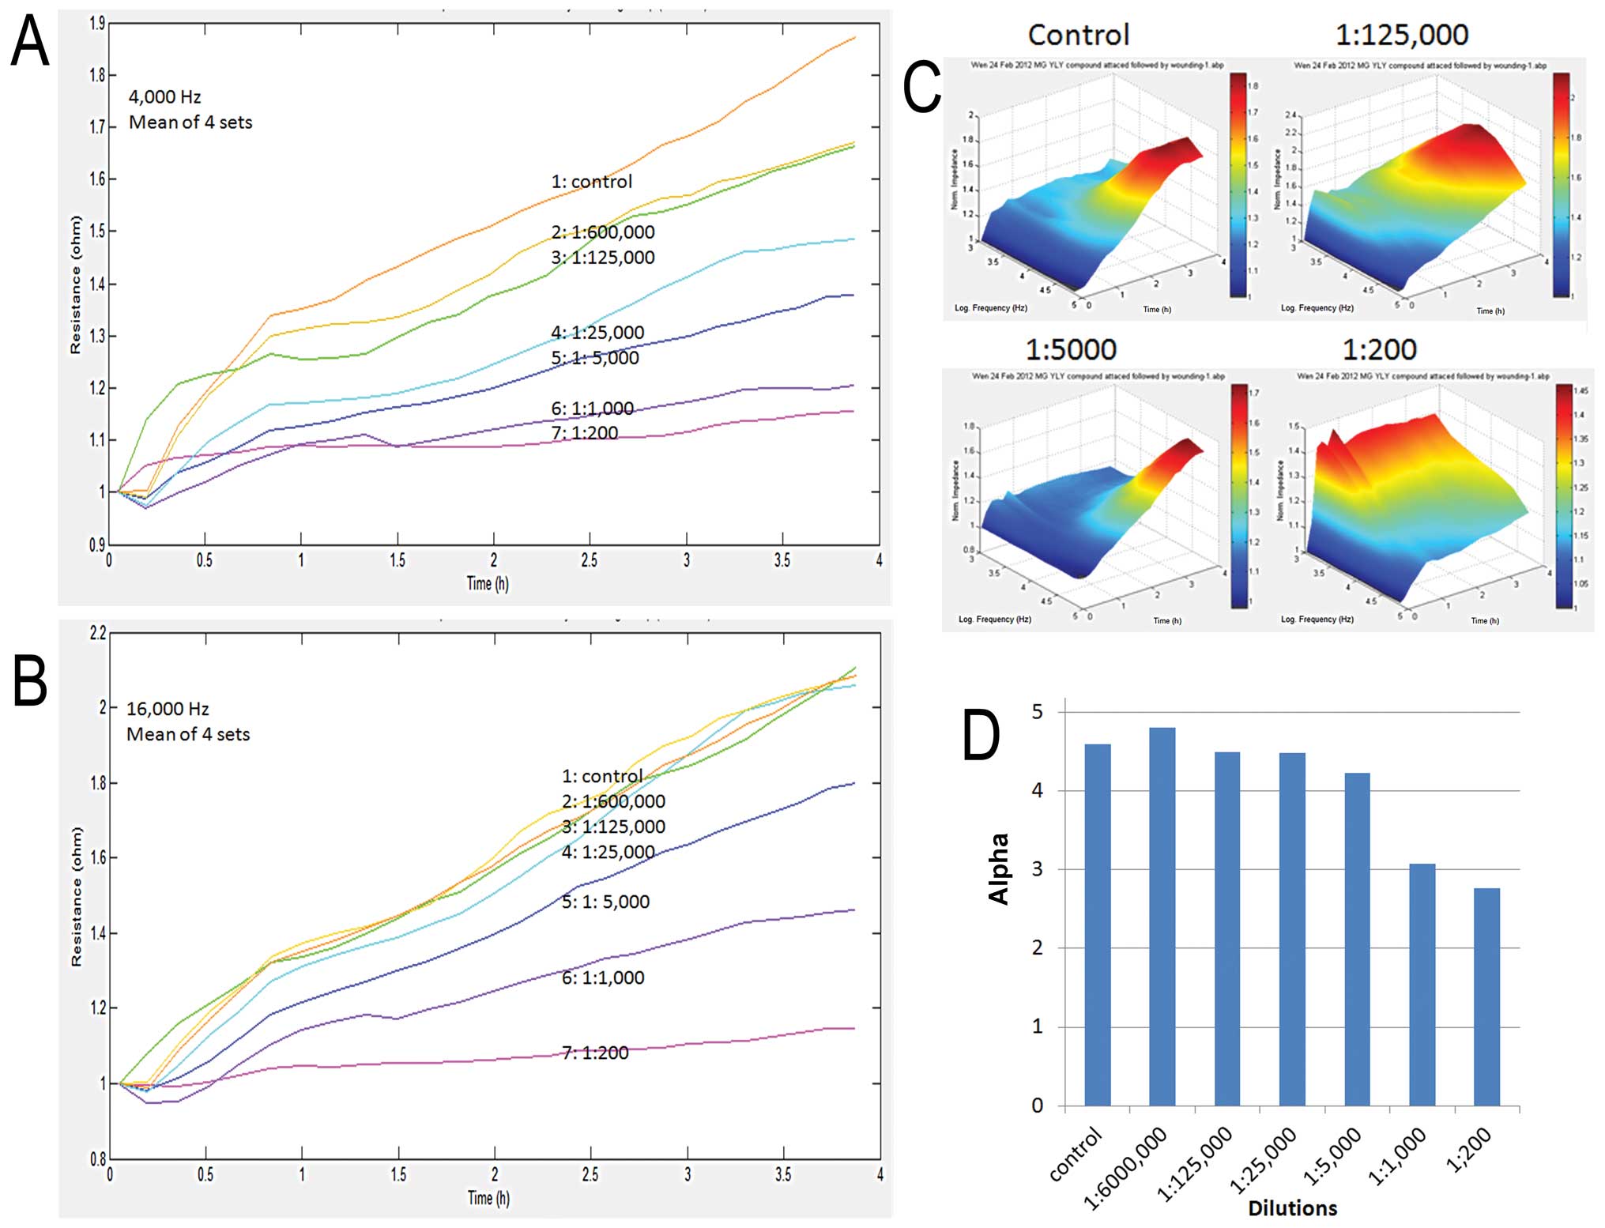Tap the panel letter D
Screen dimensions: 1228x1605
pos(981,735)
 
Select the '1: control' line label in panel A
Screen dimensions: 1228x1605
pos(591,182)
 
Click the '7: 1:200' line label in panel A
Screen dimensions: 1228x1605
pos(584,433)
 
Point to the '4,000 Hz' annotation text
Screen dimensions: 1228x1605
pos(164,97)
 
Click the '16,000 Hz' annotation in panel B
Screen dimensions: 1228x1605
pos(168,709)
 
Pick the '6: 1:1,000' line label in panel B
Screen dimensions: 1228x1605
pos(602,978)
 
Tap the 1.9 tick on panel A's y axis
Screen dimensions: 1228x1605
pos(96,24)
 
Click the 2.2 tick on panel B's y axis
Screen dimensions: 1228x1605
pos(97,633)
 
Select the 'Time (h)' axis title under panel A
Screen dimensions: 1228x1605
pos(488,584)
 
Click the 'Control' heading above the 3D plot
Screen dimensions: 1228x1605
pos(1078,36)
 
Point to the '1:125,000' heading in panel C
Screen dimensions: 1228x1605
pos(1401,36)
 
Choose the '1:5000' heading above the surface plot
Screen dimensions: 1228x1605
pos(1071,349)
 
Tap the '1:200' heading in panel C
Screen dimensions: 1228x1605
pos(1379,349)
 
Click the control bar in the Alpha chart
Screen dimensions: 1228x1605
pos(1097,925)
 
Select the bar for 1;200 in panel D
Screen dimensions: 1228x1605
pos(1486,996)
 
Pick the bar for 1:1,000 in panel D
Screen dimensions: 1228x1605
pos(1422,985)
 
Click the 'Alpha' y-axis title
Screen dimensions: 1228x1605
pos(999,868)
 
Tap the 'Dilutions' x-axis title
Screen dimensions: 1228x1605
pos(1292,1208)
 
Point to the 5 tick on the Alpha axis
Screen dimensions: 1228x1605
pos(1037,712)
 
